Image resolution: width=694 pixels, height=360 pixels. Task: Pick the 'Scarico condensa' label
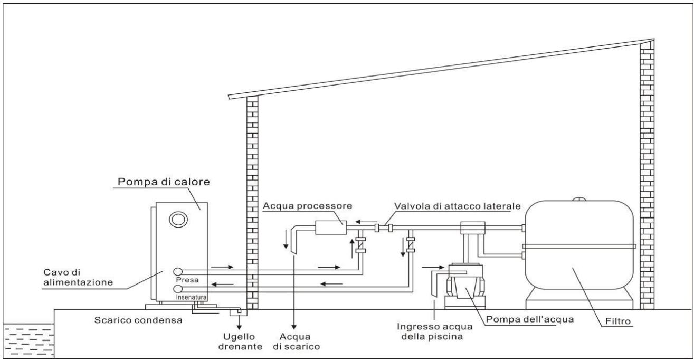(x=128, y=320)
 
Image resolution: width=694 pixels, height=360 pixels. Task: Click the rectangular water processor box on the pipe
(x=330, y=228)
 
